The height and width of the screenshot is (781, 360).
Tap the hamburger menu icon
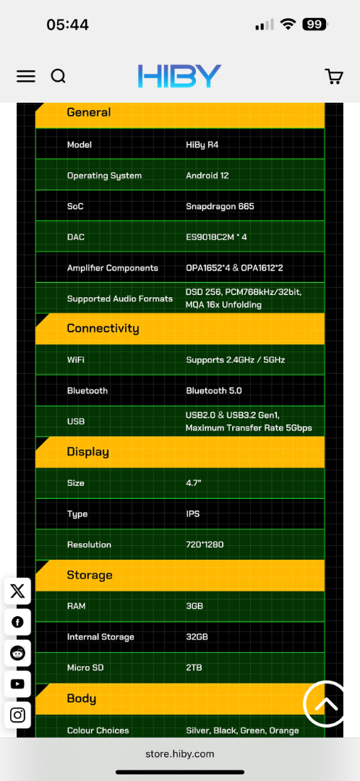[x=26, y=76]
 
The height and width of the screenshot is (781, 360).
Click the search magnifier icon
[x=59, y=76]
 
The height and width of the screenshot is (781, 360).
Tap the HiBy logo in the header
[x=180, y=76]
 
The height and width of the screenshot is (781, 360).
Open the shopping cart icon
[x=333, y=76]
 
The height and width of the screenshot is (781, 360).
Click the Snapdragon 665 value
[x=220, y=206]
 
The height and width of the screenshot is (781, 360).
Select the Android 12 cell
[x=207, y=175]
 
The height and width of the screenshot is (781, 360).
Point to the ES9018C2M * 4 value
[x=216, y=237]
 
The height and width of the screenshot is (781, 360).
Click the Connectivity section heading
[x=103, y=328]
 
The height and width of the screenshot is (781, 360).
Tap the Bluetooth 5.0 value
[x=213, y=390]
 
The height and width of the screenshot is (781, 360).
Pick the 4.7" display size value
[x=194, y=483]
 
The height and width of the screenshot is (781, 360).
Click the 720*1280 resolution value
[x=205, y=545]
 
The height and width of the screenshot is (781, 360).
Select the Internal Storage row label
[x=100, y=637]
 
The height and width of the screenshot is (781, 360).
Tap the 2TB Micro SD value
[x=194, y=667]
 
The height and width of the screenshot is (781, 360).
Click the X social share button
[x=17, y=592]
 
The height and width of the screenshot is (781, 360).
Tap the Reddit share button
[x=17, y=653]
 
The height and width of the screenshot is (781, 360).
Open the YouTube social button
[x=17, y=684]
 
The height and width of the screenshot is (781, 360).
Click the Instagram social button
[x=17, y=715]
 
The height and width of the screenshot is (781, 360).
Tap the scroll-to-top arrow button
[x=326, y=704]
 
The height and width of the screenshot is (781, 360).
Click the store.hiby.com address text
[x=180, y=754]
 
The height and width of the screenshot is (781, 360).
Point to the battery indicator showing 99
[x=314, y=24]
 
